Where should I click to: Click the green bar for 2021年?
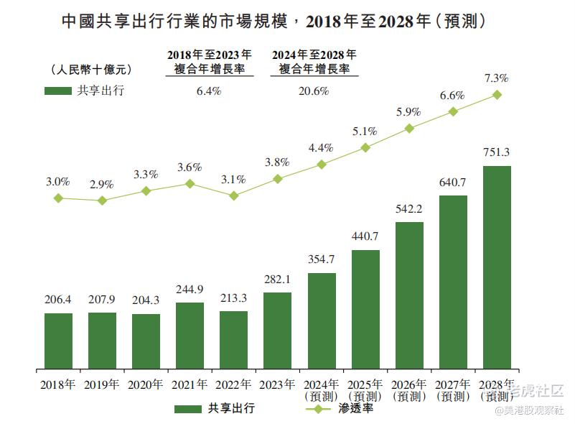click(190, 336)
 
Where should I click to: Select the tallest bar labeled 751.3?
click(497, 267)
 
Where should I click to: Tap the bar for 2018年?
click(58, 341)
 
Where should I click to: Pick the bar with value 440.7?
click(365, 309)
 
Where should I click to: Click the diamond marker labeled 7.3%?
click(497, 95)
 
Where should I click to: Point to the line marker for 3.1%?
click(234, 195)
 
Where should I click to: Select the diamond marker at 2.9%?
click(102, 201)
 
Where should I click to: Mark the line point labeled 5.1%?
click(365, 147)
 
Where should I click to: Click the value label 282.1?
click(278, 280)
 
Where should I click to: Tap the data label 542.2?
click(409, 209)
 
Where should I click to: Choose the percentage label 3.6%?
click(190, 167)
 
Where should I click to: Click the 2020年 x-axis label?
click(146, 384)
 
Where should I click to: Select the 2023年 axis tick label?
click(278, 384)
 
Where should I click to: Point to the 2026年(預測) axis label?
click(409, 390)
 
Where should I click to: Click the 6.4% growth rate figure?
click(208, 91)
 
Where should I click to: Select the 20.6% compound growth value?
click(313, 91)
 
